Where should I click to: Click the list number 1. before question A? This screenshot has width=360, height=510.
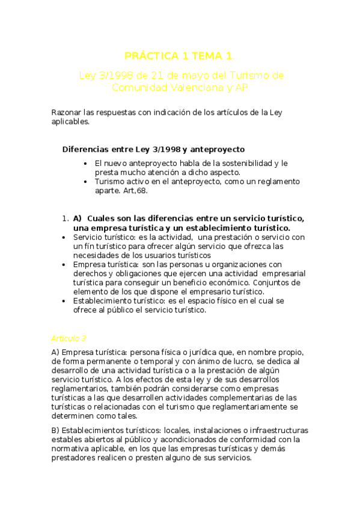point(66,218)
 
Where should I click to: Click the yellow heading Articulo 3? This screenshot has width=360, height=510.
point(69,338)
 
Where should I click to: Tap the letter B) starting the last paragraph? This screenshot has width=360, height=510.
point(55,430)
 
